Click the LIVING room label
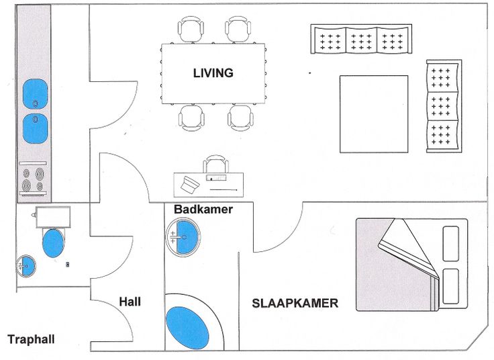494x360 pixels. (x=213, y=73)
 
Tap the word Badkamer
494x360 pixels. (x=203, y=210)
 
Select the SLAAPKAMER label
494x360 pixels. (x=295, y=304)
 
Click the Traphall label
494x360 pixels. (x=31, y=340)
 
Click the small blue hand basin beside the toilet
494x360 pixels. (x=26, y=265)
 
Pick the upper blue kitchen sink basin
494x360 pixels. (x=36, y=93)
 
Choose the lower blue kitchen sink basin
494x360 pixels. (x=36, y=128)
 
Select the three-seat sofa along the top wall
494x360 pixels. (x=362, y=40)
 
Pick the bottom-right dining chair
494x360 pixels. (x=240, y=118)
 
